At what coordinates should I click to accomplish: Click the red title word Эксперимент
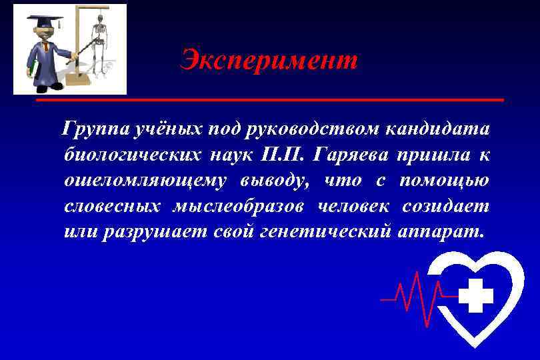269,61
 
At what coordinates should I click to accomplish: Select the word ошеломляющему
145,181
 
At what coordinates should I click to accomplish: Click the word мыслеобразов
238,207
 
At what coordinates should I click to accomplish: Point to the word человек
351,207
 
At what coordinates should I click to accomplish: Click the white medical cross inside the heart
476,295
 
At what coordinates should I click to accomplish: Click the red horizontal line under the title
269,100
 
